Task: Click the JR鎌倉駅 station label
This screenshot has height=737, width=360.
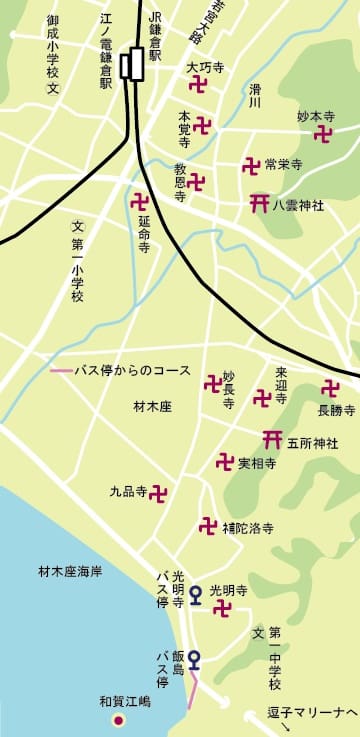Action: click(x=154, y=36)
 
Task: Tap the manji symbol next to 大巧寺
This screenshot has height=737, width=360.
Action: click(x=198, y=86)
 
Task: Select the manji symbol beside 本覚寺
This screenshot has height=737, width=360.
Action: click(x=202, y=125)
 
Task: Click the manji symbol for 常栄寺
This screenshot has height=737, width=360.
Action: click(x=251, y=165)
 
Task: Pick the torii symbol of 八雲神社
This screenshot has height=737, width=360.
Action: click(x=259, y=203)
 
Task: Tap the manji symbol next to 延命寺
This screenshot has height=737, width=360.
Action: click(x=140, y=201)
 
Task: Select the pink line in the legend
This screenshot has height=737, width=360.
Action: click(x=65, y=370)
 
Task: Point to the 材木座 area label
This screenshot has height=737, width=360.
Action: click(x=152, y=407)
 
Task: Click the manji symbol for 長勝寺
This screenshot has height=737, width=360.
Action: click(x=330, y=389)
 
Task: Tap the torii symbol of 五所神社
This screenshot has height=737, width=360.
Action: click(x=271, y=439)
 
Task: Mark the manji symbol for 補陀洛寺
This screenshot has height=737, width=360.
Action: click(x=208, y=525)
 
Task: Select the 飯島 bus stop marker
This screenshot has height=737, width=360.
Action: click(x=194, y=659)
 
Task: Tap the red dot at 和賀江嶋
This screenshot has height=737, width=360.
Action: click(x=118, y=720)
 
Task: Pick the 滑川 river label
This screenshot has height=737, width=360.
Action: click(x=255, y=95)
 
